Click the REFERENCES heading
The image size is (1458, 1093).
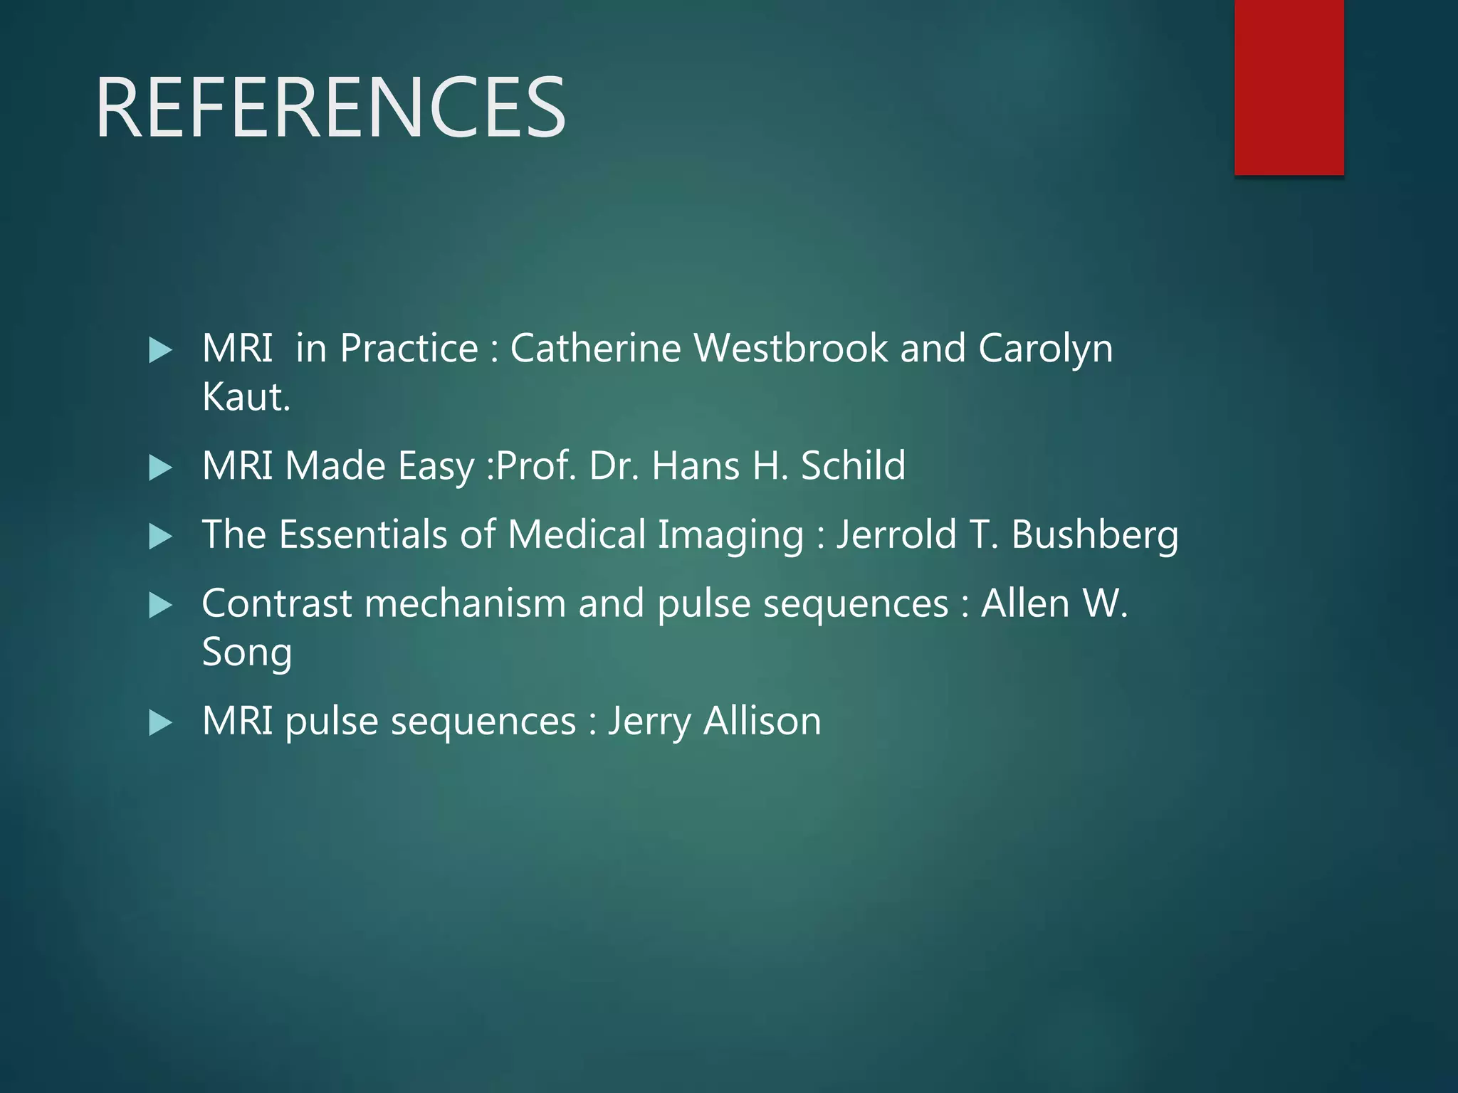(330, 108)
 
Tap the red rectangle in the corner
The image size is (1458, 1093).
(1289, 87)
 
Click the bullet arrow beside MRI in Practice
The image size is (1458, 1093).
(161, 350)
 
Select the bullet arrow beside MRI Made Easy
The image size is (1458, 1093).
(161, 468)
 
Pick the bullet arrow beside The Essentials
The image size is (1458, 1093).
(161, 537)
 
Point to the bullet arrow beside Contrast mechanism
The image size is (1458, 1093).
(161, 606)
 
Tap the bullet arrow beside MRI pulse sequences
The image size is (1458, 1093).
(161, 723)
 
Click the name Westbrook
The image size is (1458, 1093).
(791, 349)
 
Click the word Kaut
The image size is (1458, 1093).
(246, 397)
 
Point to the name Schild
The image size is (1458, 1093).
(853, 466)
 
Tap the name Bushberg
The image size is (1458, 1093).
(1094, 535)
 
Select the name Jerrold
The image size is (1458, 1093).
(896, 535)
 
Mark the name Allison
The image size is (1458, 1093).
(762, 722)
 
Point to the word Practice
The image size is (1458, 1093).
(409, 349)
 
